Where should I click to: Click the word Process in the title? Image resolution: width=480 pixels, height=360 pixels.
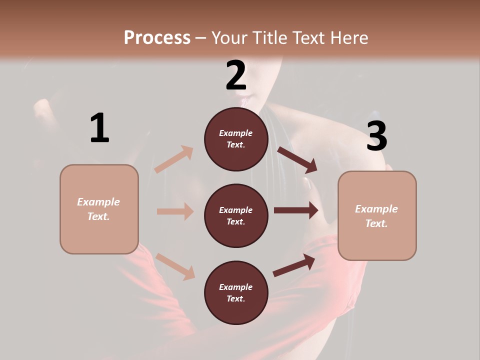[x=157, y=37]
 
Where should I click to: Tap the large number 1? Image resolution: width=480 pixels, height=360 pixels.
[x=99, y=128]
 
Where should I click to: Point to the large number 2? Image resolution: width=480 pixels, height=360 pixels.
[x=236, y=75]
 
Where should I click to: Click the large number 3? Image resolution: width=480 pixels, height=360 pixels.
[x=376, y=136]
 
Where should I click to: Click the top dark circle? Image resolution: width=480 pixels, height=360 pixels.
[x=236, y=139]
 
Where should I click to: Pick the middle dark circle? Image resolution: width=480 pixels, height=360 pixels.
[x=236, y=216]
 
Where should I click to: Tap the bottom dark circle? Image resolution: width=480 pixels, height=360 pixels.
[x=236, y=293]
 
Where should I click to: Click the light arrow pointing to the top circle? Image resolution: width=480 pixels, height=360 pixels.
[x=174, y=159]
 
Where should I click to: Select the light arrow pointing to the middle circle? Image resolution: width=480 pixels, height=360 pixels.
[x=175, y=211]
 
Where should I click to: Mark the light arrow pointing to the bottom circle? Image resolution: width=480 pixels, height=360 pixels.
[x=175, y=266]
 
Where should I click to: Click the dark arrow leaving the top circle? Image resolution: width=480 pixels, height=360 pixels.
[x=297, y=159]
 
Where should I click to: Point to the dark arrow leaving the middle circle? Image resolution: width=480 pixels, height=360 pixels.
[x=296, y=210]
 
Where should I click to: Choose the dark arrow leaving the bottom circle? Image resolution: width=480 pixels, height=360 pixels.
[x=294, y=265]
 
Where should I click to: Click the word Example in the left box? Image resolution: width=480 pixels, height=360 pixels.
[x=98, y=202]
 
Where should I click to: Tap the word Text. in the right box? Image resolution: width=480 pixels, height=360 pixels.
[x=376, y=223]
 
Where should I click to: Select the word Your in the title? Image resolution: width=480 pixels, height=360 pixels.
[x=230, y=37]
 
